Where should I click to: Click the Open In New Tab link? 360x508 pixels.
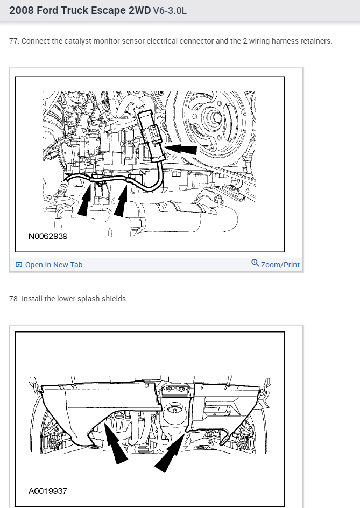[x=54, y=265]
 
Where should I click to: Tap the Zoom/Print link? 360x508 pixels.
[x=280, y=265]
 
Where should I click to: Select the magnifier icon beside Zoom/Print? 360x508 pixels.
[x=255, y=263]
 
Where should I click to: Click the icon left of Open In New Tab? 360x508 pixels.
[x=19, y=265]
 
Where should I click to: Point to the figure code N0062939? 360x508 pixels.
[x=48, y=236]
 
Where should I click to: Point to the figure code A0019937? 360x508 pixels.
[x=48, y=491]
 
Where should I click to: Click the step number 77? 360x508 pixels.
[x=14, y=41]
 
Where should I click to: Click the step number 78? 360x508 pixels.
[x=14, y=299]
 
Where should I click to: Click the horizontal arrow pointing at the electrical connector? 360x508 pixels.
[x=180, y=149]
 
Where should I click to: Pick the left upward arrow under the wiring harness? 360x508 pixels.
[x=84, y=199]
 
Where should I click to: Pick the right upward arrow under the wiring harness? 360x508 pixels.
[x=121, y=200]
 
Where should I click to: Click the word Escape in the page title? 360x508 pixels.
[x=109, y=11]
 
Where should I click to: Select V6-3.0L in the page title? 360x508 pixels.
[x=170, y=11]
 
